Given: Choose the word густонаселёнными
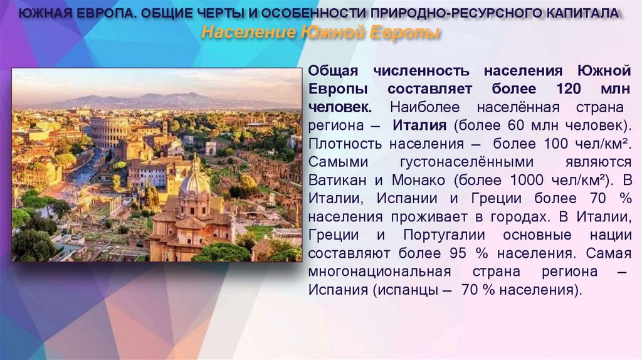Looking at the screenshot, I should [463, 161].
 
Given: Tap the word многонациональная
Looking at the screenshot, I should [379, 272].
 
